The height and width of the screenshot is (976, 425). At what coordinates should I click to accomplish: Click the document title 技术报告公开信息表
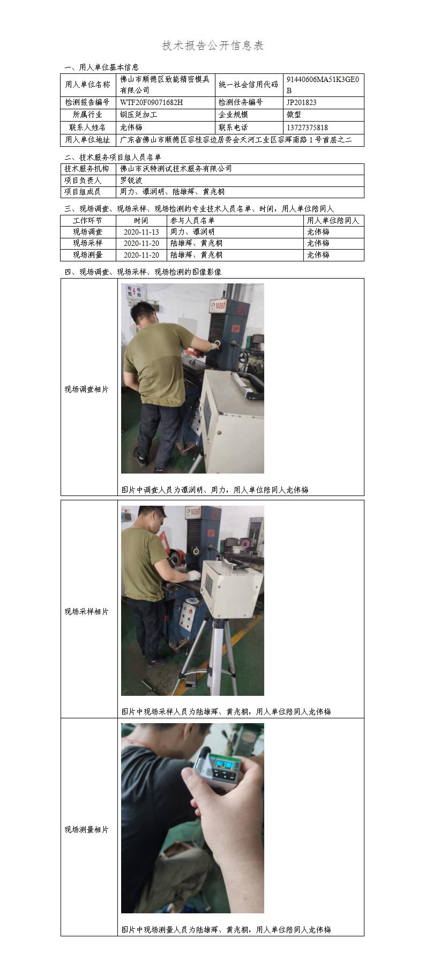(213, 46)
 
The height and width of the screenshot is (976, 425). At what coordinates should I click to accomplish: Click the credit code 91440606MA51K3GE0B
(323, 85)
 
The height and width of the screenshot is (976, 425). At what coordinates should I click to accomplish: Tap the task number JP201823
(301, 102)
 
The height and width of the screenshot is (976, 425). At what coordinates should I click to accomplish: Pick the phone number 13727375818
(307, 127)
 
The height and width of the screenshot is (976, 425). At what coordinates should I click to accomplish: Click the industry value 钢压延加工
(139, 115)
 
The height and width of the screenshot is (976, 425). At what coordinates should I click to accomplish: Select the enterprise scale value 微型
(294, 115)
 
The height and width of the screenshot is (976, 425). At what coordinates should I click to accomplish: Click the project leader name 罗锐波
(131, 181)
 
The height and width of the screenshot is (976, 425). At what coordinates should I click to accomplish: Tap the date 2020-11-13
(141, 232)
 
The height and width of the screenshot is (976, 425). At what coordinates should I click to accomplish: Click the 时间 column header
(141, 220)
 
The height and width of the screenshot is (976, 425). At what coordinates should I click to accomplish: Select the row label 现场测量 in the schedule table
(88, 255)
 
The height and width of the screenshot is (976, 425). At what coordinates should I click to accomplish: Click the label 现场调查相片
(87, 389)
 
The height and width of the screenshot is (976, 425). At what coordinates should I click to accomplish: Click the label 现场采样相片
(87, 611)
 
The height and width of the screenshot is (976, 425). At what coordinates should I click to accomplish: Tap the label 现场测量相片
(87, 829)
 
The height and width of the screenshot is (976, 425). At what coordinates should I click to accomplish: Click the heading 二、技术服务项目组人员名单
(113, 157)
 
